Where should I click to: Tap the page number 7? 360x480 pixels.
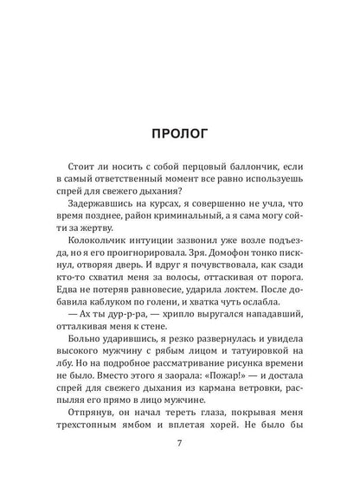pyautogui.click(x=180, y=451)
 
